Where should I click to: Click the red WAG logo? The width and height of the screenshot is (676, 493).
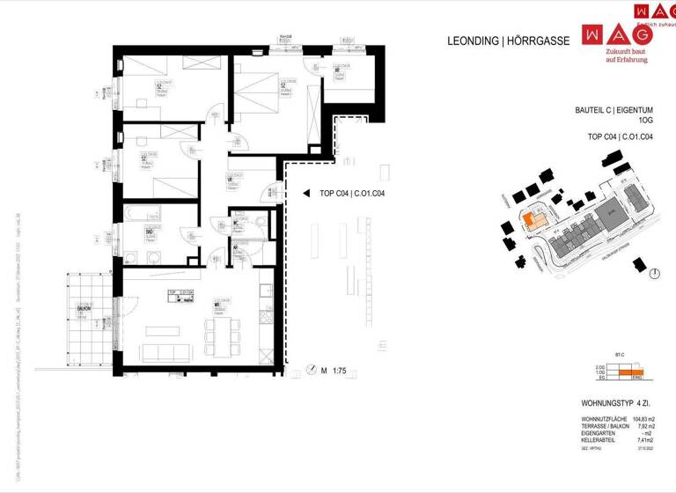[617, 33]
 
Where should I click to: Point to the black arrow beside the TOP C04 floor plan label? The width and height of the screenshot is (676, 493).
[306, 193]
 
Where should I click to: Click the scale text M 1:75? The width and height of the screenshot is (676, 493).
[334, 372]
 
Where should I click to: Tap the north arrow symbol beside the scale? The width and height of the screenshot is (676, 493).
[310, 371]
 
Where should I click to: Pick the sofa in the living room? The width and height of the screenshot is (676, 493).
[172, 353]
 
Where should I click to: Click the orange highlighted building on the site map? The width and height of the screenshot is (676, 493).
[532, 219]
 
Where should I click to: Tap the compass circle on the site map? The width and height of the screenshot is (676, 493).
[653, 275]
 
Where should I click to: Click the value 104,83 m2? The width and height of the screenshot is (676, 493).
[647, 420]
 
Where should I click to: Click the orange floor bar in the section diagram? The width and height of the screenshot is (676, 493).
[625, 373]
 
